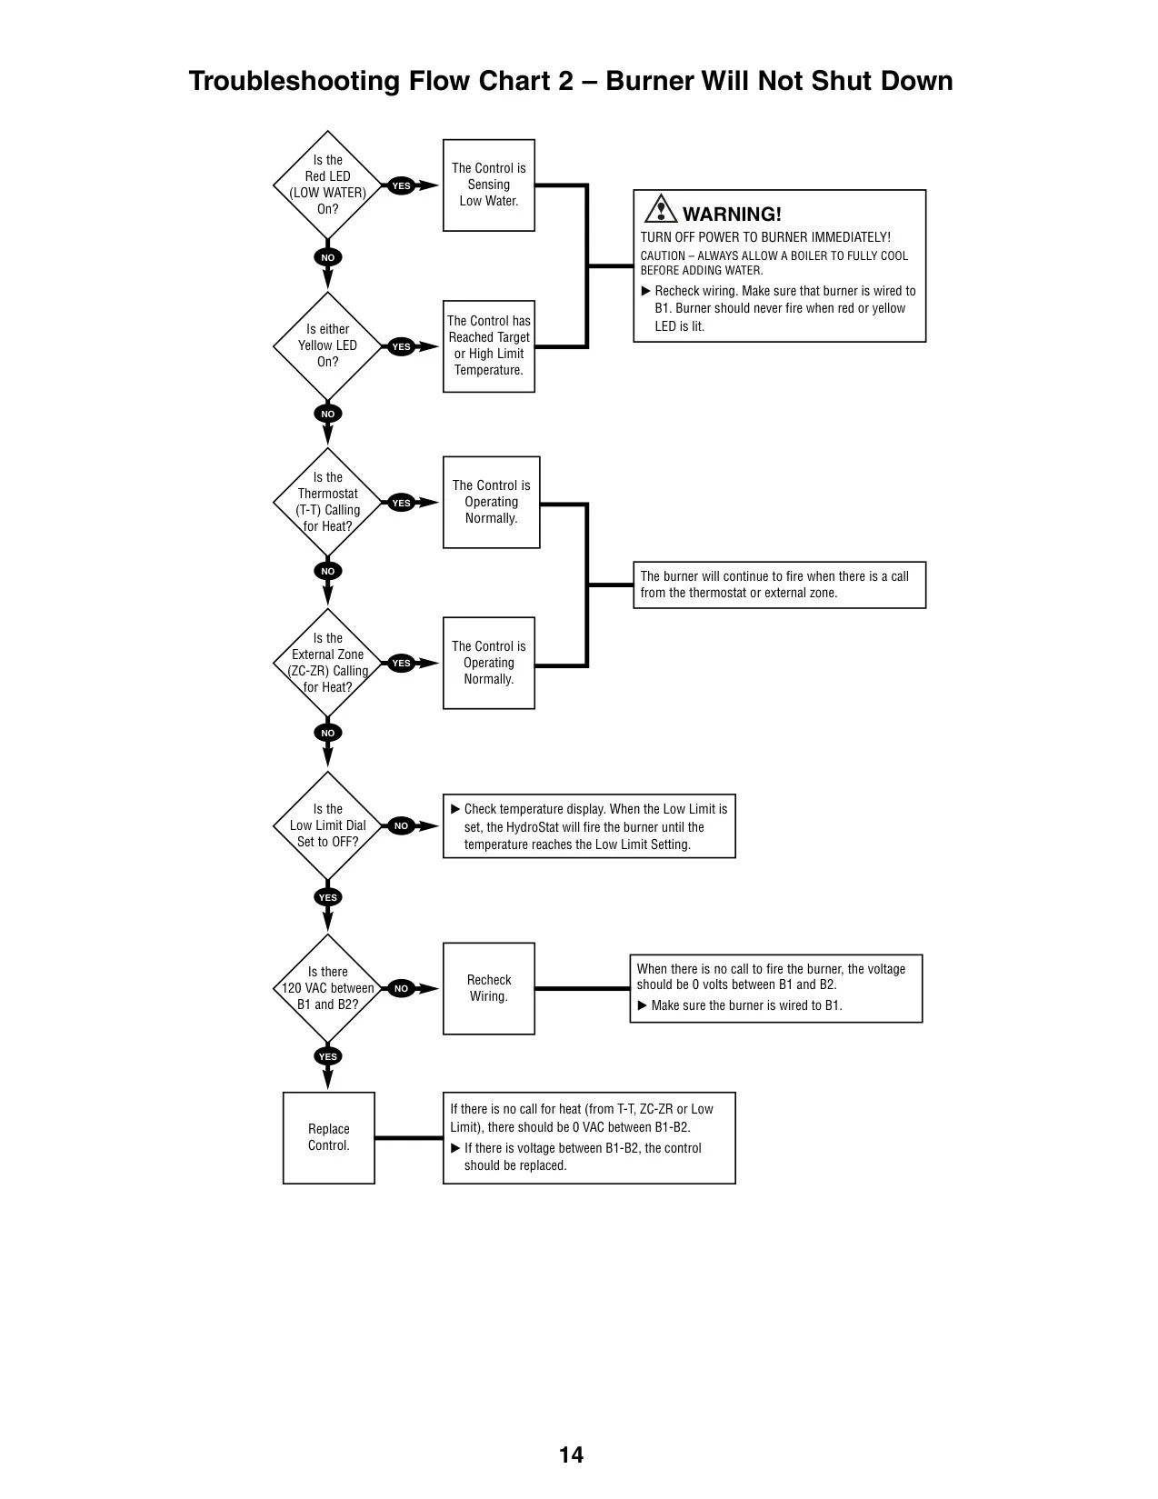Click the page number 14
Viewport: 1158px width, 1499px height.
click(571, 1454)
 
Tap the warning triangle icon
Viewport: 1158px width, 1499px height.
click(661, 209)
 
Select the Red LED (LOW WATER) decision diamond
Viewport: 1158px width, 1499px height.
click(327, 185)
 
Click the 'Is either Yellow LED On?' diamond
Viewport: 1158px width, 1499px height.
click(327, 345)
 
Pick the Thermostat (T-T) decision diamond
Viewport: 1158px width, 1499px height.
click(327, 502)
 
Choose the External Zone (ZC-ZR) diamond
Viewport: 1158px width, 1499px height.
click(327, 663)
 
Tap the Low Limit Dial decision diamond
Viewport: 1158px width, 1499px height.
click(327, 825)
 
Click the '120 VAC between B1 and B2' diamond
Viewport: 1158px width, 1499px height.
click(327, 988)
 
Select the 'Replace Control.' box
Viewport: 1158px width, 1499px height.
click(329, 1137)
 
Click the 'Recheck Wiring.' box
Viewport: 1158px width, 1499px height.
click(489, 988)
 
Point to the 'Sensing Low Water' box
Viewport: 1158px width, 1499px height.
click(489, 185)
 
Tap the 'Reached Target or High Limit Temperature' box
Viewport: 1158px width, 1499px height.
click(489, 346)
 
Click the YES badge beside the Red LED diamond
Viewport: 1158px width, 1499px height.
click(401, 185)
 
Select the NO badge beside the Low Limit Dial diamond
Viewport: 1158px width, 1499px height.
click(401, 825)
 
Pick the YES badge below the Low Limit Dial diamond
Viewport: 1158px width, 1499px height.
click(327, 897)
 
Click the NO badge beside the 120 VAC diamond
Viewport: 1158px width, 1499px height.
click(401, 988)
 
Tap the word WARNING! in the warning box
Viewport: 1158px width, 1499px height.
click(732, 214)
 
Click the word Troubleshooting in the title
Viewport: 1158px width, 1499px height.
click(294, 82)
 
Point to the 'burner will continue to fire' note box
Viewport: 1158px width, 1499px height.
click(779, 585)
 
